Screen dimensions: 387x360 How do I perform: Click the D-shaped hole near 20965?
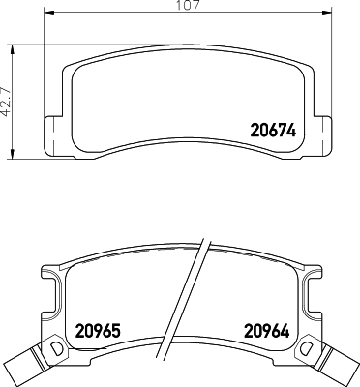(55, 347)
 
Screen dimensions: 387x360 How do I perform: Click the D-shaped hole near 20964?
(308, 347)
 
